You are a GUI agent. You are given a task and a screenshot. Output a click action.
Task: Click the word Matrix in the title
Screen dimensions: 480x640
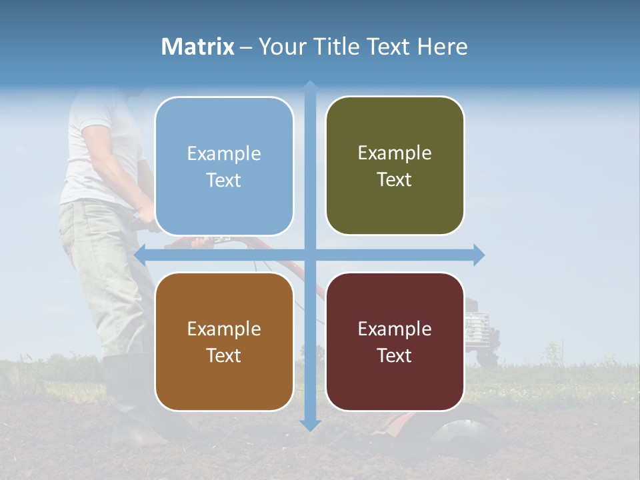click(198, 47)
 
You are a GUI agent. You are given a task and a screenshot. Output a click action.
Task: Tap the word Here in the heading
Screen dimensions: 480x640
click(442, 47)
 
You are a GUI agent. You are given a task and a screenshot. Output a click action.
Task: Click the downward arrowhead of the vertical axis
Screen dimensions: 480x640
click(310, 425)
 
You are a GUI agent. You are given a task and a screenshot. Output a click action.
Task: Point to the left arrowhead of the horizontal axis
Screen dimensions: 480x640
click(141, 255)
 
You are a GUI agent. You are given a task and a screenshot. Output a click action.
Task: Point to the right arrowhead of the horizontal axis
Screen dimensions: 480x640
click(478, 255)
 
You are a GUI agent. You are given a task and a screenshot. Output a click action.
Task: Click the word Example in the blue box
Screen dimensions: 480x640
click(224, 154)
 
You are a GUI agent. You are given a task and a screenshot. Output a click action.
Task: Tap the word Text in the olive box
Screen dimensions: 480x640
click(395, 180)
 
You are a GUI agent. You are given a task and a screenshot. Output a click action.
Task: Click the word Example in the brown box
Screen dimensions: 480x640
click(224, 329)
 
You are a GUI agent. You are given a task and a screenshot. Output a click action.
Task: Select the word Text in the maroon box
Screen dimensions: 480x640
click(395, 355)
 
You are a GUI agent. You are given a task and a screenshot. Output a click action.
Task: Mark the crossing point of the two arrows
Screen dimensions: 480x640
click(310, 255)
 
